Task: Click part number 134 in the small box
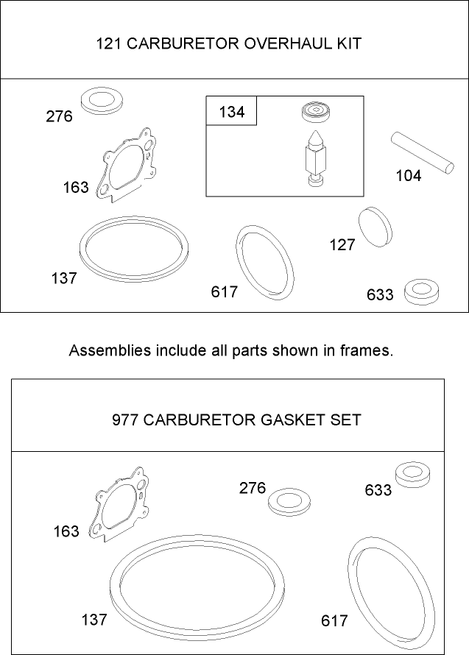point(231,113)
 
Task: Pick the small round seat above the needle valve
point(316,113)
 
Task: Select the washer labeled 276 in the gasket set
point(287,503)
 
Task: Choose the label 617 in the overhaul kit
point(225,291)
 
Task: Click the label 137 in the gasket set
point(94,619)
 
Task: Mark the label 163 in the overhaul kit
point(75,187)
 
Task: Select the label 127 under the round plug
point(342,245)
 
